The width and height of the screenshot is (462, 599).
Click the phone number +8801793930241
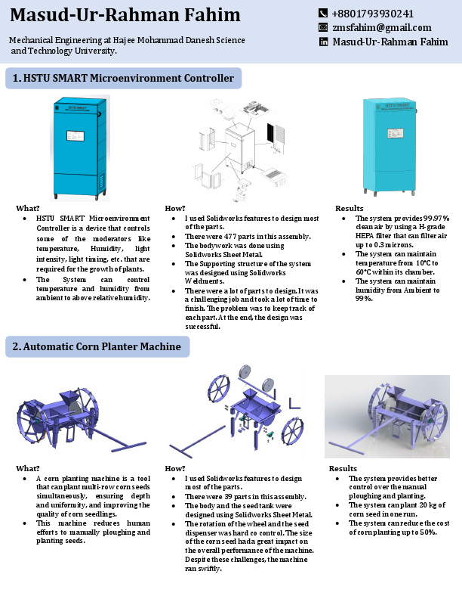(372, 14)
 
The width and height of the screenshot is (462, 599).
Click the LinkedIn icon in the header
(324, 42)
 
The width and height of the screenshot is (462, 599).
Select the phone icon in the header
(324, 14)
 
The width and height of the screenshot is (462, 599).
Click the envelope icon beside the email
(324, 27)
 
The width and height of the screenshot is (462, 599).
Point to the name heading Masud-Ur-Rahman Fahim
(125, 15)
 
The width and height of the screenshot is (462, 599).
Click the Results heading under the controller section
(349, 208)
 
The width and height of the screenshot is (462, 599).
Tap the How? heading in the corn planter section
(175, 468)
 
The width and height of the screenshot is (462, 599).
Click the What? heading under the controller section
(28, 208)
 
